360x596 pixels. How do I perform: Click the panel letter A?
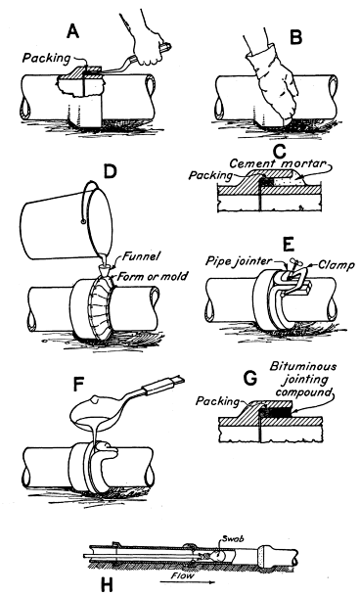(72, 31)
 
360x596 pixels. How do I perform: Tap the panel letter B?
(296, 37)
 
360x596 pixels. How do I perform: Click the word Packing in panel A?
(46, 58)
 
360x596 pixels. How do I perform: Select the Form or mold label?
(153, 276)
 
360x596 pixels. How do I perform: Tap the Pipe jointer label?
(240, 260)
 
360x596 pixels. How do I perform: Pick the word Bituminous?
(303, 366)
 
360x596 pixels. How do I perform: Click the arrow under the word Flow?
(188, 582)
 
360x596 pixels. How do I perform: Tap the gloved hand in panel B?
(272, 87)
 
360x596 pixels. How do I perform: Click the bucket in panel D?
(68, 225)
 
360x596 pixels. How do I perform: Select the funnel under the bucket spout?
(108, 270)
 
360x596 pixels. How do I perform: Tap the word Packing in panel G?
(218, 401)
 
